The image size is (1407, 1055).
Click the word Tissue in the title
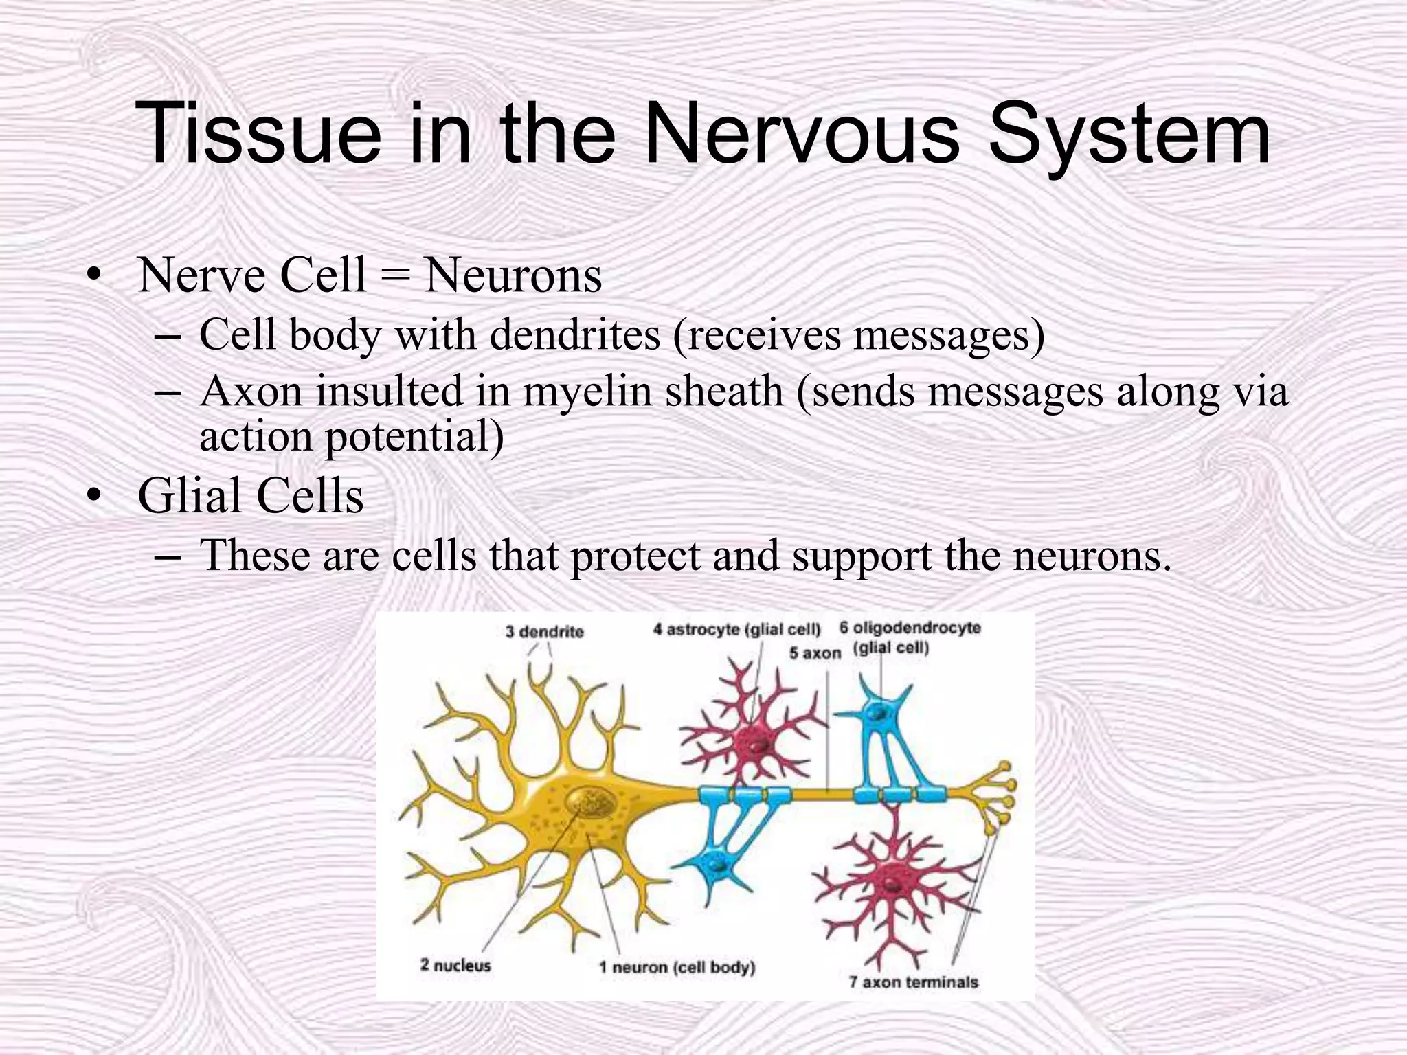tap(258, 134)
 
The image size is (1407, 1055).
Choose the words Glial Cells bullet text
tap(250, 496)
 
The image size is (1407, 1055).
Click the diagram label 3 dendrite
tap(544, 632)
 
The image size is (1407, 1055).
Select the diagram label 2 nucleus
tap(455, 965)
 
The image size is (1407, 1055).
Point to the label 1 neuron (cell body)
tap(677, 967)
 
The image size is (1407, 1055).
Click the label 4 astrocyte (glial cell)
tap(736, 629)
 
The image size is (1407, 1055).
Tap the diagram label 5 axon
tap(815, 653)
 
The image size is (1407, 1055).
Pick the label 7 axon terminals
tap(913, 982)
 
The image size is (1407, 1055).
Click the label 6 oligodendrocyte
tap(910, 628)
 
